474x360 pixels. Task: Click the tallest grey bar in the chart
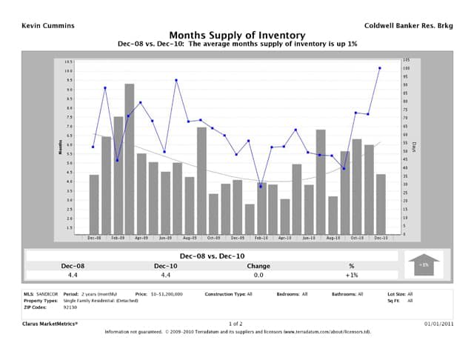(130, 160)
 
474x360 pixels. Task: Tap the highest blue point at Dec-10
(380, 68)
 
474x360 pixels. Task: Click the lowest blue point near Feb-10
(261, 187)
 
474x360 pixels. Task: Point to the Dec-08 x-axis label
(94, 238)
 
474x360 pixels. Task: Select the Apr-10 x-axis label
(285, 238)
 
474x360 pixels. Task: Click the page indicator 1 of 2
(237, 324)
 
